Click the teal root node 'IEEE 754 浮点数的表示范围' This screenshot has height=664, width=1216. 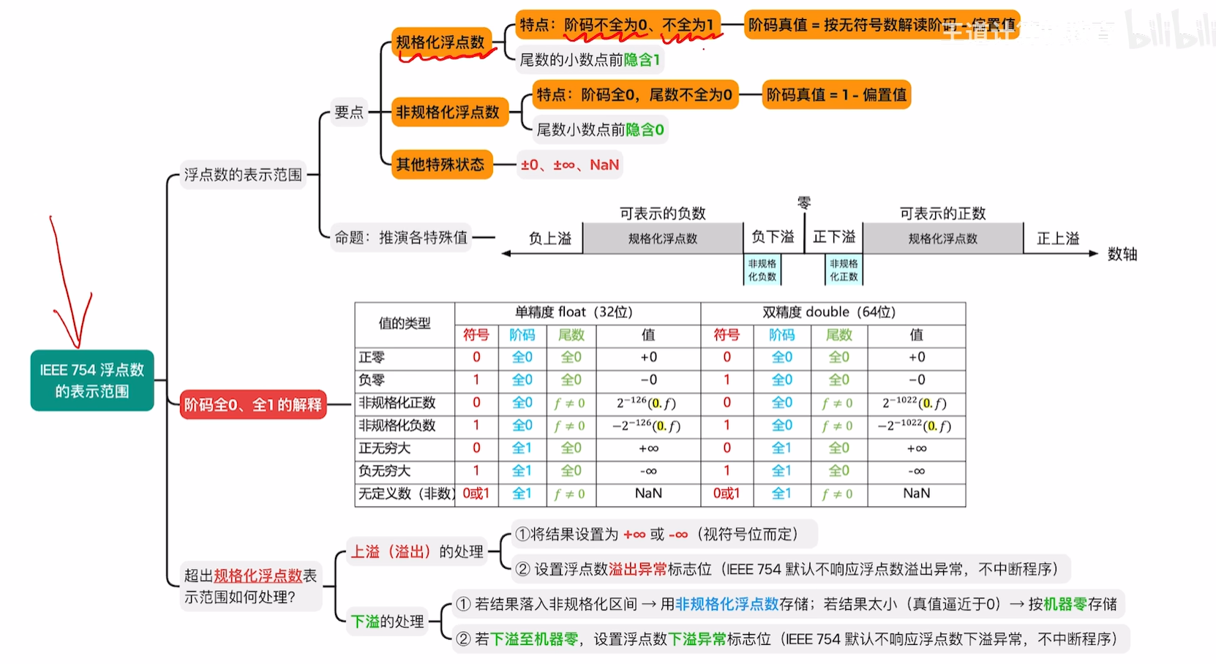[x=92, y=380]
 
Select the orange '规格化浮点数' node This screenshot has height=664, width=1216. [x=440, y=42]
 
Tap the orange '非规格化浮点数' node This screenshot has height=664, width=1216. [x=447, y=112]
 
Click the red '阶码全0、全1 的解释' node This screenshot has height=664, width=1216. [x=252, y=404]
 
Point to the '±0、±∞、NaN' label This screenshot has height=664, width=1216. [x=569, y=165]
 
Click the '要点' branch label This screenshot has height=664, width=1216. [x=349, y=113]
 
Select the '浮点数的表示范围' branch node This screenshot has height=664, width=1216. [x=243, y=175]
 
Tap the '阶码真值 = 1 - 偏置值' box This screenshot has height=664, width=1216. [x=836, y=95]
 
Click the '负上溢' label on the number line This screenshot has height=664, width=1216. [x=549, y=238]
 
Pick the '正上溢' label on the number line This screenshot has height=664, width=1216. [x=1058, y=238]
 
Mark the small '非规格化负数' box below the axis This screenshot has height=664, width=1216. [x=762, y=270]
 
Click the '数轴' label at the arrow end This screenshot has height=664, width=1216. [x=1122, y=254]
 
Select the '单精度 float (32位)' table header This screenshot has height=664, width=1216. [x=574, y=312]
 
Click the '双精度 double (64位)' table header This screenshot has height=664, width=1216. [x=829, y=312]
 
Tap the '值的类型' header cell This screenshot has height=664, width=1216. [x=405, y=323]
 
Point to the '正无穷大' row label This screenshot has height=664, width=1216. [x=385, y=448]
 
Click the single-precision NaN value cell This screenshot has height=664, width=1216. [x=648, y=494]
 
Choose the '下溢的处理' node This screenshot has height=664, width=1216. [x=387, y=622]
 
